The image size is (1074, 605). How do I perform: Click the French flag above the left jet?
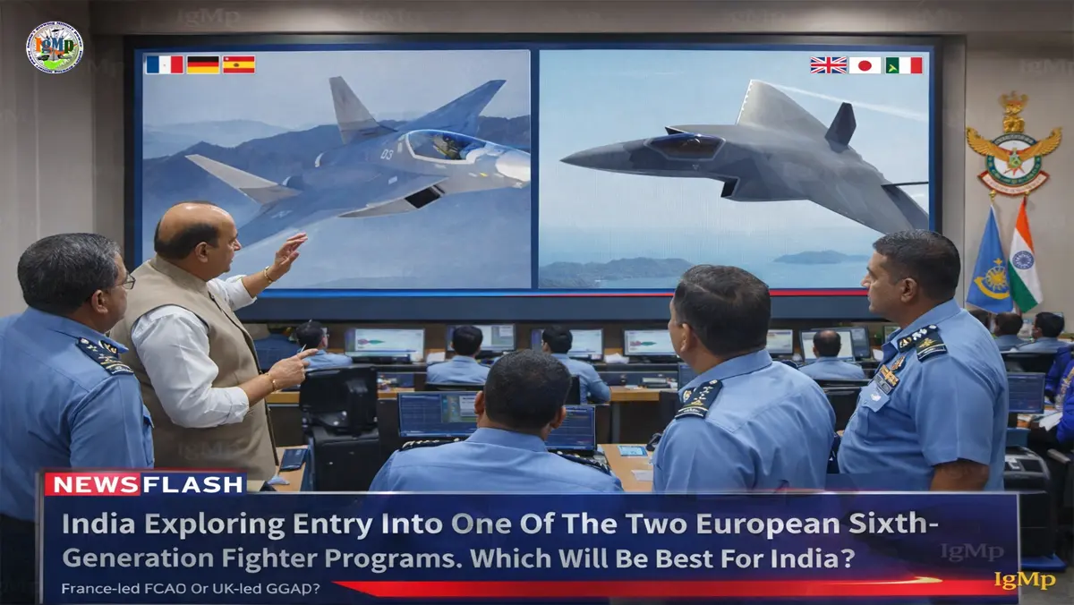(x=164, y=64)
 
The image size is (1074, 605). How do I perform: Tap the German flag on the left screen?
(x=202, y=64)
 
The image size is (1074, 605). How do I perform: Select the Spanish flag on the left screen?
(x=239, y=64)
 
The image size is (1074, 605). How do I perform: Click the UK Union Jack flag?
(x=828, y=64)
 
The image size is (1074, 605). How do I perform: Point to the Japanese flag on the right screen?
(x=865, y=64)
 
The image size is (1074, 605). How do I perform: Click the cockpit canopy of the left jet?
(x=446, y=145)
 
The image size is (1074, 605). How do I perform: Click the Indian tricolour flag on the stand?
(x=1025, y=260)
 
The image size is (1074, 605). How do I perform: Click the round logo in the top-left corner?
(x=55, y=47)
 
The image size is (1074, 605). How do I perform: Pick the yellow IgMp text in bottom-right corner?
(x=1025, y=581)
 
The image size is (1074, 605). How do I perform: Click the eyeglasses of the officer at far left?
(x=125, y=283)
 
